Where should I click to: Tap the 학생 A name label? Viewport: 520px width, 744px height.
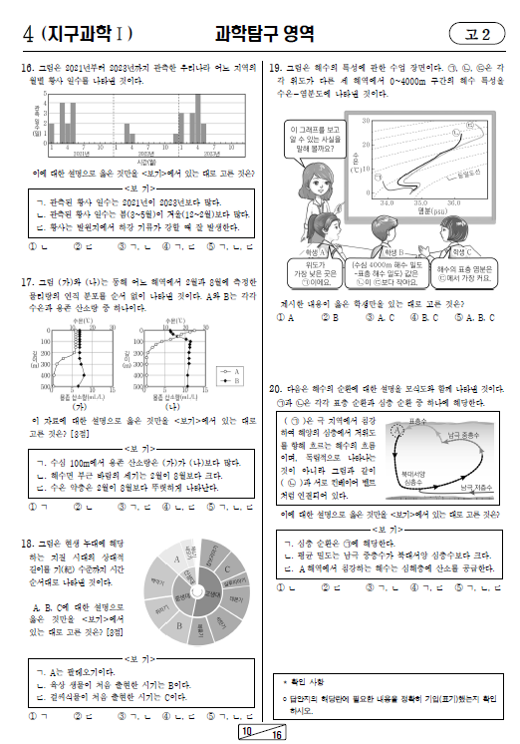pos(300,253)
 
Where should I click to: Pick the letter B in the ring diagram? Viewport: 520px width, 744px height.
pos(179,625)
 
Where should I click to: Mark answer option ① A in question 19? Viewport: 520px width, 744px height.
pos(283,318)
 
